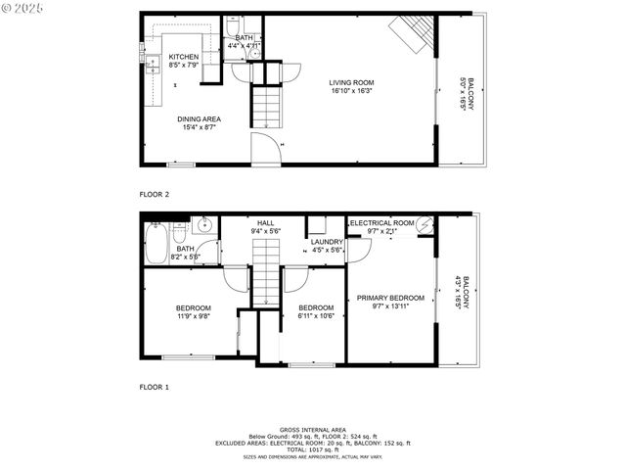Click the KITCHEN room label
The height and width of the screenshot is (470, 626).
tap(184, 58)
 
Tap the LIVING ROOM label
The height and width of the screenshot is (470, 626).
tap(351, 83)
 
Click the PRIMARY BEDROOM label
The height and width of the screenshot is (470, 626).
tap(390, 298)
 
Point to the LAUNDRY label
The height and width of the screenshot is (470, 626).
tap(326, 242)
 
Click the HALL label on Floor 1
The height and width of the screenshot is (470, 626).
tap(266, 224)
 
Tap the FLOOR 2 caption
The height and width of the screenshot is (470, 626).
tap(155, 194)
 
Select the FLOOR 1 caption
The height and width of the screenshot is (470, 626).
tap(155, 387)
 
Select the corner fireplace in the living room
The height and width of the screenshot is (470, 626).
tap(412, 35)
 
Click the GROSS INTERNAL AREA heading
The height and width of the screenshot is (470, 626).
tap(313, 429)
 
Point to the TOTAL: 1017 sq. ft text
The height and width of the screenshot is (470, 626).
tap(313, 449)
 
